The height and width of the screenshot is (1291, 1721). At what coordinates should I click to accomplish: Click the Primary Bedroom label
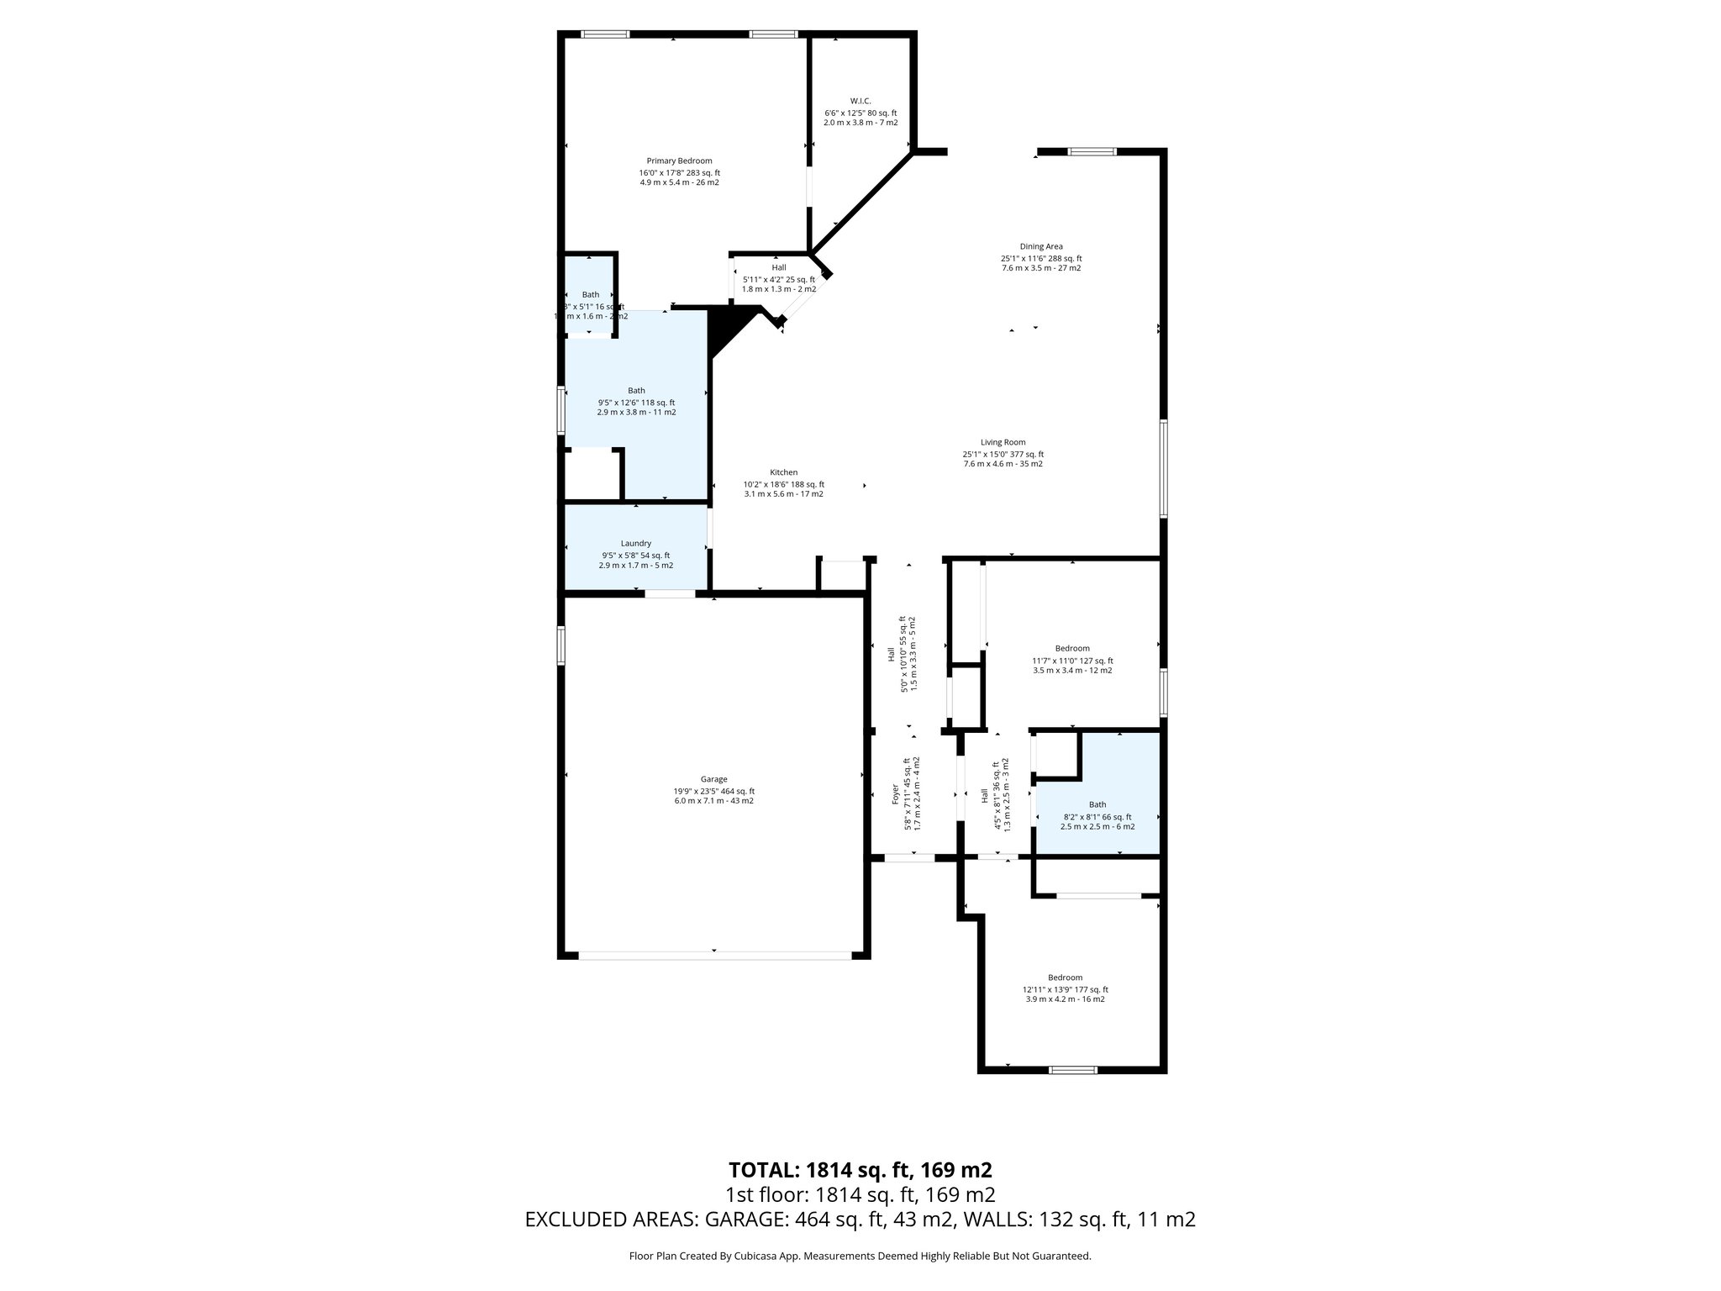point(679,161)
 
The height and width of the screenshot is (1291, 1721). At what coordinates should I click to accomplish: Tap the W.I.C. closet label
point(860,101)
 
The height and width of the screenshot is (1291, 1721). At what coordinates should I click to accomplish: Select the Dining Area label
point(1041,246)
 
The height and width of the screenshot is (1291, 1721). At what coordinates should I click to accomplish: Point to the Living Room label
point(1003,442)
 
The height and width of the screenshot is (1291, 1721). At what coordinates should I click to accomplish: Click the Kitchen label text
point(783,472)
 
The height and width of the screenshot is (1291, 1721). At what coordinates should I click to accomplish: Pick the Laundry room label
point(635,544)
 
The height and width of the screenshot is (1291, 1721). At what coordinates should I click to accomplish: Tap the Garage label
point(714,779)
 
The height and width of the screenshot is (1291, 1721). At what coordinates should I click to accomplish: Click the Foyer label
point(896,794)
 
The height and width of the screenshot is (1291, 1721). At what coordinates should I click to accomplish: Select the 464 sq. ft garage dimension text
point(714,791)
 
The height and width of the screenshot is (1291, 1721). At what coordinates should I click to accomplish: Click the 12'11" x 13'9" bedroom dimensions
point(1065,989)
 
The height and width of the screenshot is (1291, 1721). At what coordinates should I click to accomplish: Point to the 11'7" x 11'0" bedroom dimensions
point(1072,661)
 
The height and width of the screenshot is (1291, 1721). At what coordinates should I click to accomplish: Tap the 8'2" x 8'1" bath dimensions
point(1097,817)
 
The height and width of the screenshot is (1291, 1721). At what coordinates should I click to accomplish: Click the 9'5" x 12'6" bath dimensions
point(636,403)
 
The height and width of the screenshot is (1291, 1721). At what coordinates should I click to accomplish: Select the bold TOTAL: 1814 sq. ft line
point(860,1170)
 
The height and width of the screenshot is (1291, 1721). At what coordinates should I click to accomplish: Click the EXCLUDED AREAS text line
point(860,1220)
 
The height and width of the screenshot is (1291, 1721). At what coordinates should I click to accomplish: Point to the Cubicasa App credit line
point(860,1256)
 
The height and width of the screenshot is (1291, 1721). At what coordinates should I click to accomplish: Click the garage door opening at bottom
point(714,955)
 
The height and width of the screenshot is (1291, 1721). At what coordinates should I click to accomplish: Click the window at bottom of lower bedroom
point(1073,1070)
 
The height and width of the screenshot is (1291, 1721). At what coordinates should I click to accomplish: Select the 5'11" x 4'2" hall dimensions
point(778,280)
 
